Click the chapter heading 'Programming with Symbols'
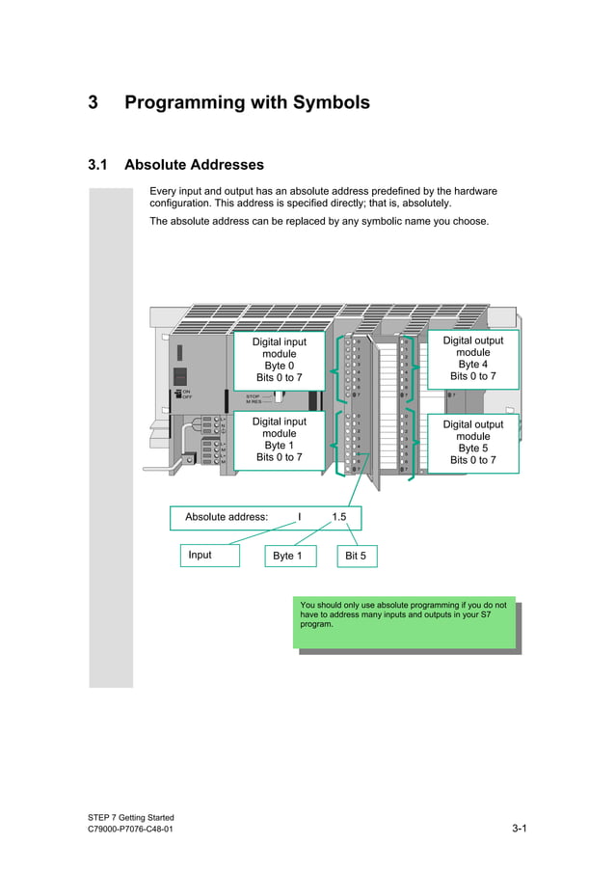[247, 102]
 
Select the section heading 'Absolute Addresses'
[194, 165]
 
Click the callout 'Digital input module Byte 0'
[280, 360]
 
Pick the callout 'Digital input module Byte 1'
[280, 440]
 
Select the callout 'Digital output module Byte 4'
[472, 359]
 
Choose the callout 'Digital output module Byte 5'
[472, 443]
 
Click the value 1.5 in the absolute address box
[339, 517]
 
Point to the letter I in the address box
[300, 517]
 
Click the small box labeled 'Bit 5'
[356, 557]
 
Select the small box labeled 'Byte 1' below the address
[287, 557]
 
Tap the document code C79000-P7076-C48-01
[131, 830]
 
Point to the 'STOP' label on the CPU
[253, 395]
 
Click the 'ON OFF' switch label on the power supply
[186, 395]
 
